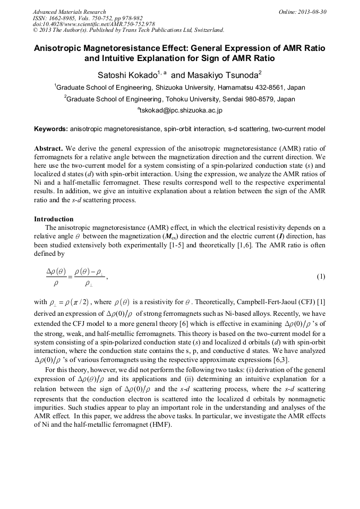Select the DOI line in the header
point(93,24)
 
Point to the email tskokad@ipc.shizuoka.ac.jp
point(181,110)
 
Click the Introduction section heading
point(54,219)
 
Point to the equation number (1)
point(321,277)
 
